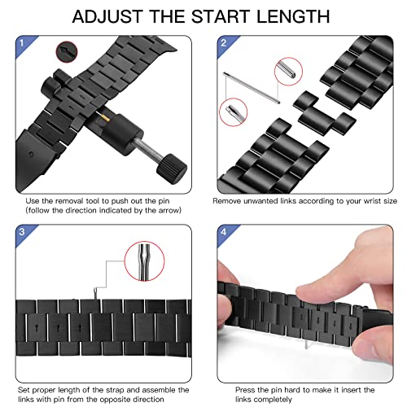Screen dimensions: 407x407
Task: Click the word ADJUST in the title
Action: point(109,18)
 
